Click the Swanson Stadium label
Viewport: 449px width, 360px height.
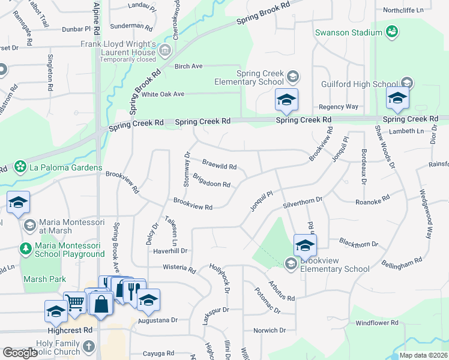point(349,32)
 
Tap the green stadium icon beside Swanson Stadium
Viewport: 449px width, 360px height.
point(392,31)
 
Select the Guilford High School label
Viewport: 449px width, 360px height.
point(360,84)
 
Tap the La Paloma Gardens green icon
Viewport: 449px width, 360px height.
point(20,166)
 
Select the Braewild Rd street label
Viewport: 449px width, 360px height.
point(219,165)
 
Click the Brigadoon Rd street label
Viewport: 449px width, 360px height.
point(211,181)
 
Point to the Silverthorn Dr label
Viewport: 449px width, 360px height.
point(303,202)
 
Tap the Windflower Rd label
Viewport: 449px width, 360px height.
point(377,323)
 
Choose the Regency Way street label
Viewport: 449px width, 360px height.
point(339,107)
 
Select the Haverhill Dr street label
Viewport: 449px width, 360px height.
point(170,251)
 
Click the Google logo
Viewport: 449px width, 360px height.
point(20,353)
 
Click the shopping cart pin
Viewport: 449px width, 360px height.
point(75,303)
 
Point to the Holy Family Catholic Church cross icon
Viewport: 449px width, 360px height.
point(88,346)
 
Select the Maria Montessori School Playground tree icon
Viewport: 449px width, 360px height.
point(26,247)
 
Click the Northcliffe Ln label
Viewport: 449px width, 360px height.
point(403,10)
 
